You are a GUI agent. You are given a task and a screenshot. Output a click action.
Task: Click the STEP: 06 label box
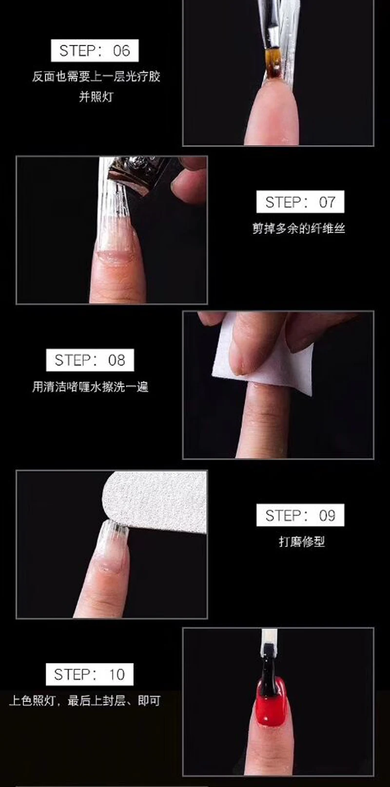tap(95, 51)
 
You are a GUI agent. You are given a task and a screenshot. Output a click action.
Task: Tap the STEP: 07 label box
tap(300, 202)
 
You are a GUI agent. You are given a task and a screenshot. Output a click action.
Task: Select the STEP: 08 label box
tap(90, 360)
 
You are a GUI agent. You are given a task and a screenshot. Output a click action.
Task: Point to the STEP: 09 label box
tap(300, 515)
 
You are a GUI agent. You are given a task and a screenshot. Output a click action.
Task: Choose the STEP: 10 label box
tap(90, 674)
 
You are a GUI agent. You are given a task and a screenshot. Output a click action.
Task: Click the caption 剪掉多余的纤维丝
tap(299, 228)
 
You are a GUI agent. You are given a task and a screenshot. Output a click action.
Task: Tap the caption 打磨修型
tap(302, 542)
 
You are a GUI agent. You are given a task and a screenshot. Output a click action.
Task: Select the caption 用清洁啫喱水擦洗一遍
tap(90, 387)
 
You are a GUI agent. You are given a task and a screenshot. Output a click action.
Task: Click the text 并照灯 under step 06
tap(96, 97)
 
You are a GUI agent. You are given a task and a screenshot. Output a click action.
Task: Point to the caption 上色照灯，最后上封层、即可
tap(85, 701)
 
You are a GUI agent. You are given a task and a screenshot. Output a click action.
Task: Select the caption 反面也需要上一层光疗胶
tap(96, 77)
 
